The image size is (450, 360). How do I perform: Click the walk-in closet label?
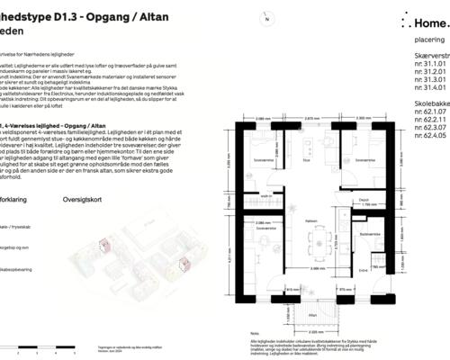point(267,196)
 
